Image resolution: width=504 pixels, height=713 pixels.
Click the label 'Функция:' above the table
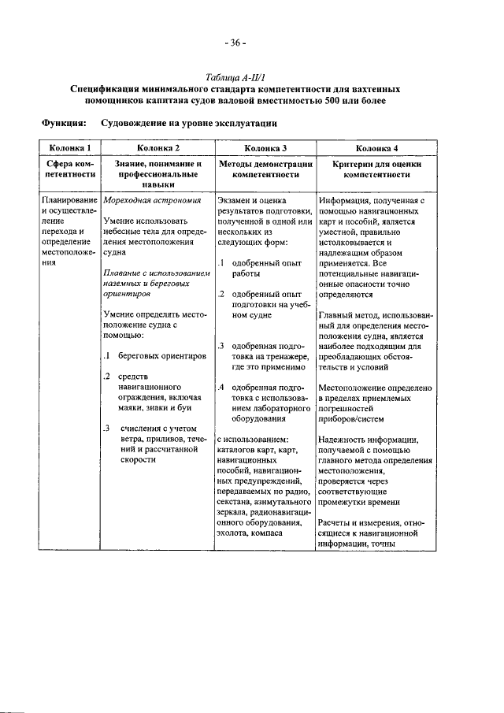click(63, 124)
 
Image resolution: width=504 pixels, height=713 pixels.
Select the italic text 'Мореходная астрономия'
click(148, 202)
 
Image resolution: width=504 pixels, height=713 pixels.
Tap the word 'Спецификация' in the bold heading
click(106, 89)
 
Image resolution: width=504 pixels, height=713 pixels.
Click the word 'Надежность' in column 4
click(346, 440)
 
